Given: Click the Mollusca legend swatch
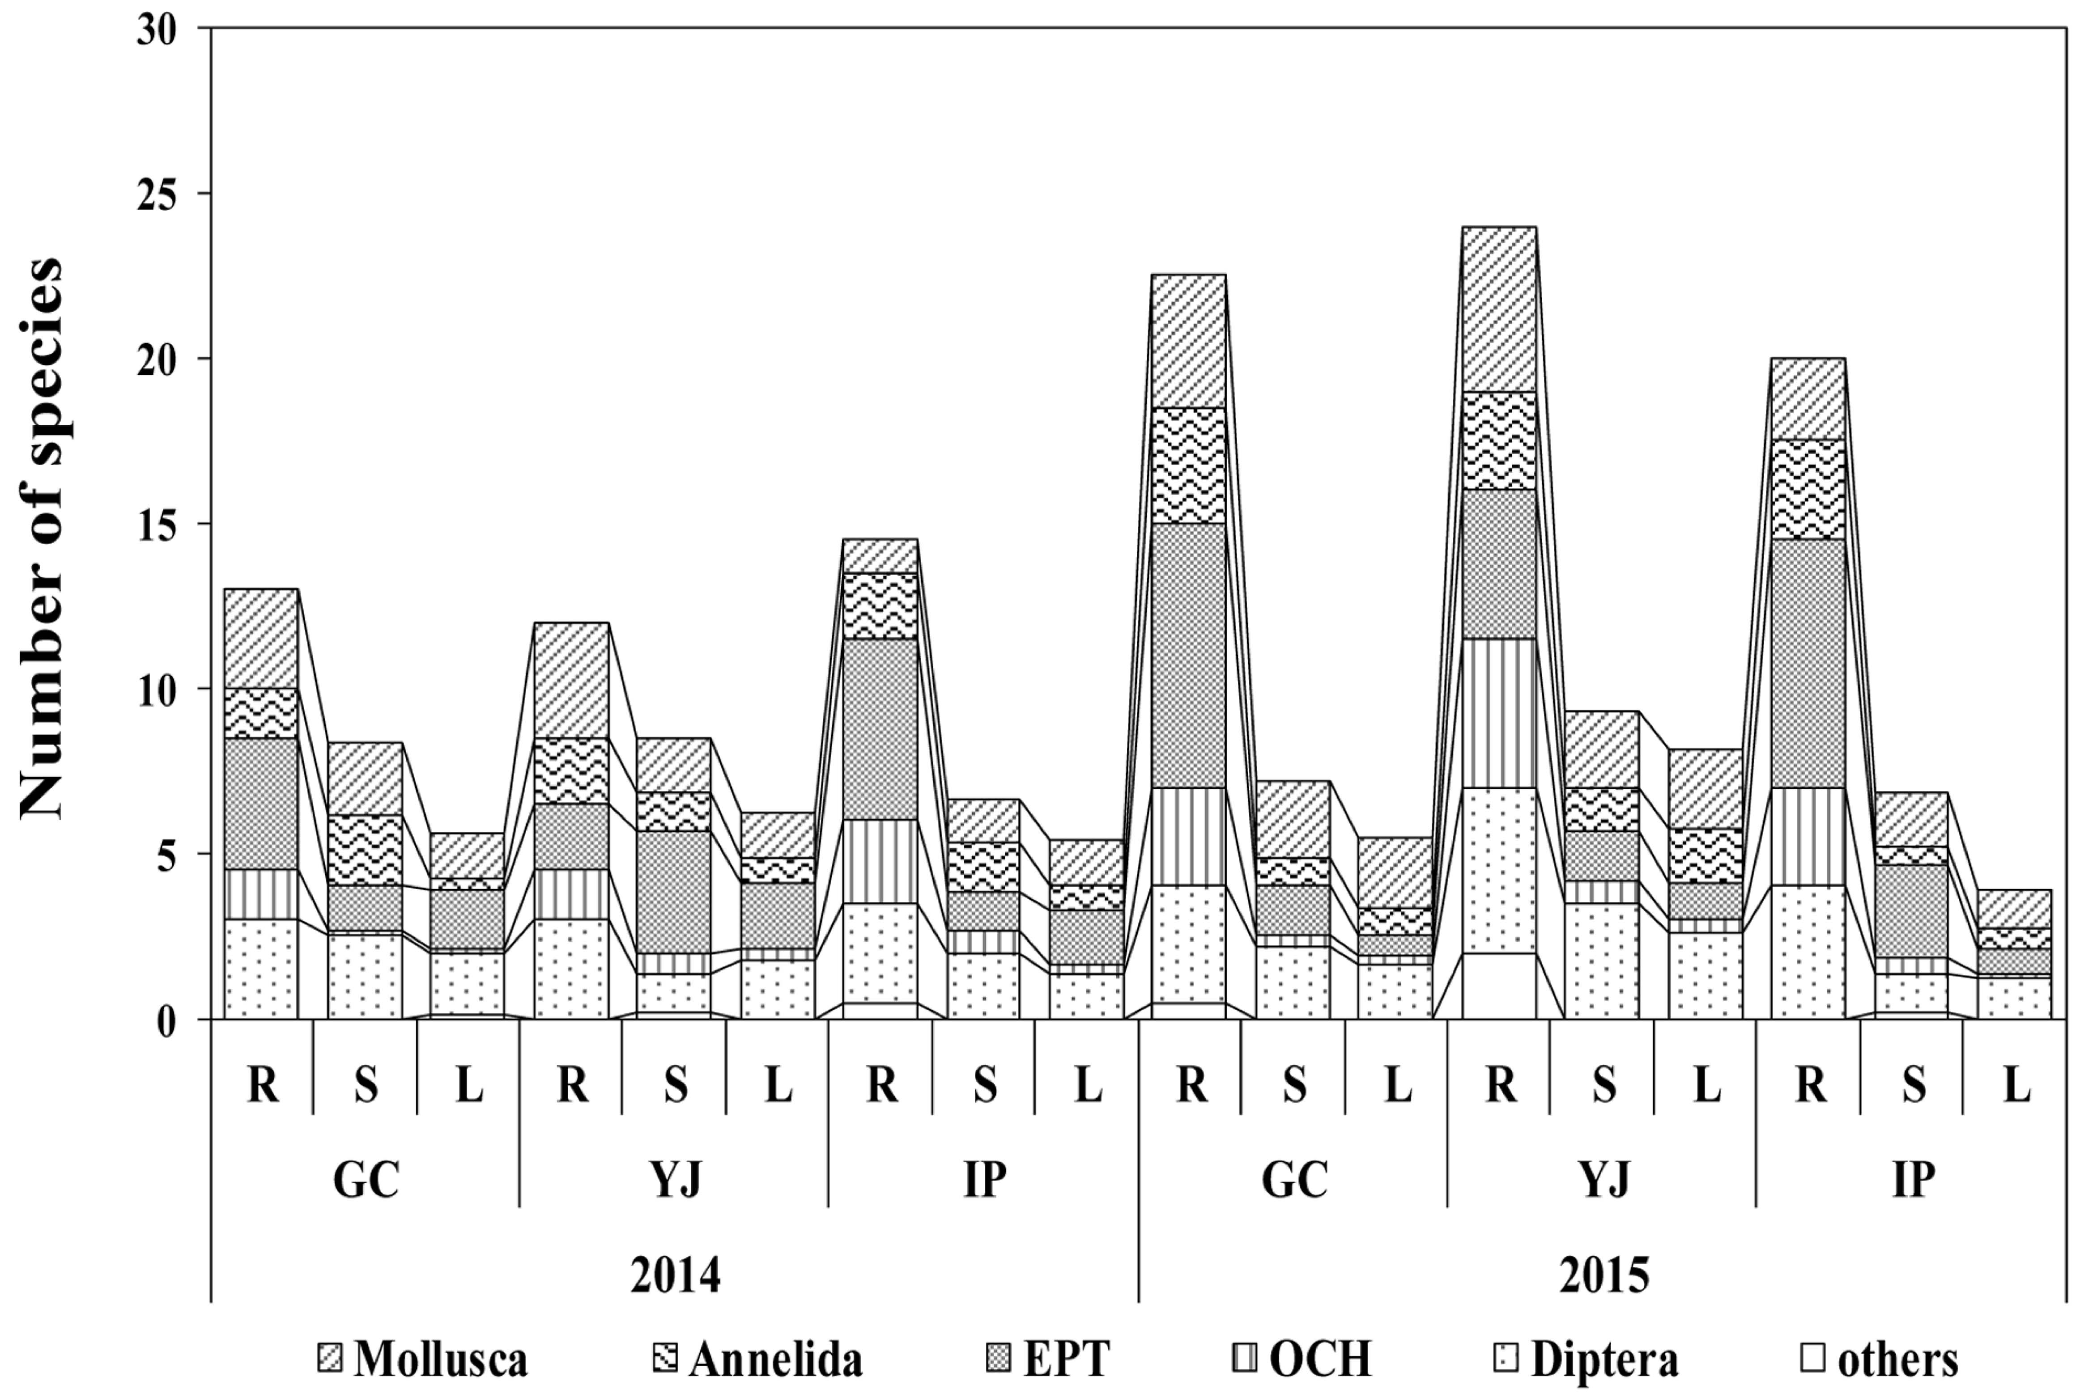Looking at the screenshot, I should pos(330,1358).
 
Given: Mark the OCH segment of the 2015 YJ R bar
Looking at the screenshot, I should pos(1500,713).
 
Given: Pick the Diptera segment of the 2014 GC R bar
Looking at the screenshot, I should pos(261,969).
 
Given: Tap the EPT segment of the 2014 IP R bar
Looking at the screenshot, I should pos(880,729).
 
